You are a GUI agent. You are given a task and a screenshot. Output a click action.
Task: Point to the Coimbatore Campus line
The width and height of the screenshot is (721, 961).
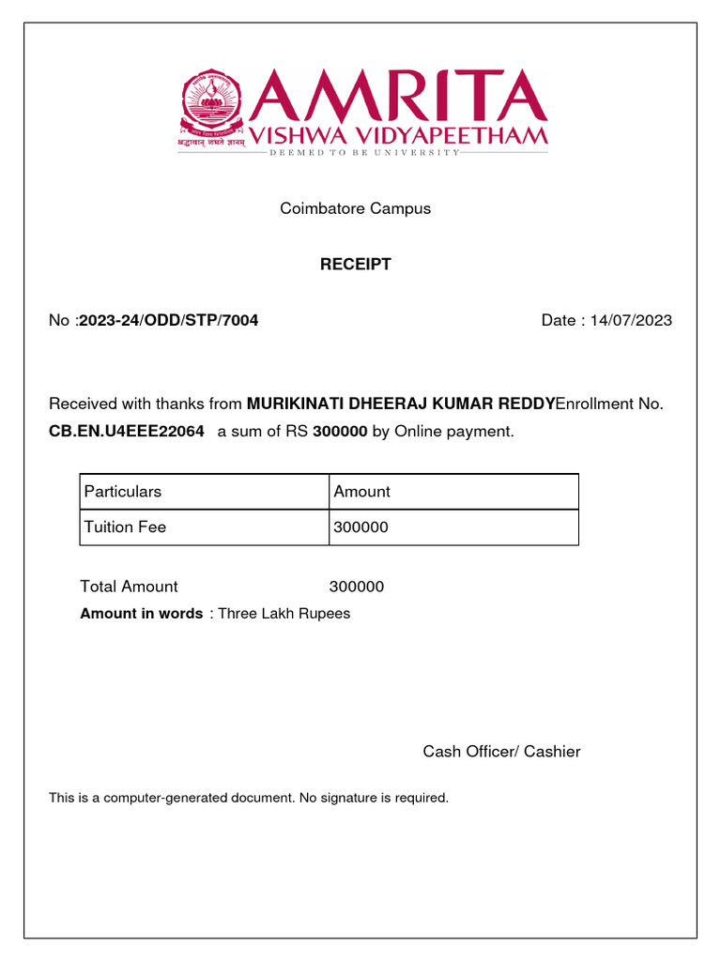(x=355, y=208)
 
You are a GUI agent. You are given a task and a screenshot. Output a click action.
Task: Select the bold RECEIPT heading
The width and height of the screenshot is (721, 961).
(x=355, y=265)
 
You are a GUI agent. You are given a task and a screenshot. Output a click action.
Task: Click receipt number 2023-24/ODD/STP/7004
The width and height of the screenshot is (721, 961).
(x=169, y=321)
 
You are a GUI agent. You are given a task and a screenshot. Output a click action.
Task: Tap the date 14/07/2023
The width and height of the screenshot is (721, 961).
(x=632, y=321)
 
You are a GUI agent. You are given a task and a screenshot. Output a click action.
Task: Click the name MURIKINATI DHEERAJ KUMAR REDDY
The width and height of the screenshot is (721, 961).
(x=400, y=404)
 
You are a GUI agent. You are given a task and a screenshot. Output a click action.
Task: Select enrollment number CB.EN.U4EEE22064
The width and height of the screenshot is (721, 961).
(x=126, y=432)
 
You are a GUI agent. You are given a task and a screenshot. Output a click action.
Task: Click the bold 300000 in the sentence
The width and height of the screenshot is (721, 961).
(x=340, y=432)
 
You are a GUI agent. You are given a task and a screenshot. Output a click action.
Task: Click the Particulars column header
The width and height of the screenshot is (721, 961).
(x=123, y=492)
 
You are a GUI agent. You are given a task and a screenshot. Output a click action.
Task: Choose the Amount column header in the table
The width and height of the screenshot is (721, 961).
(x=361, y=492)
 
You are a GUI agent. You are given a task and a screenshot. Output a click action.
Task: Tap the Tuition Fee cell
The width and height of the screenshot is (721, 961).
(x=125, y=527)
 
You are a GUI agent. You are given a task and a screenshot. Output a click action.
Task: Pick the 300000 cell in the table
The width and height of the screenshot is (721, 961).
(x=360, y=527)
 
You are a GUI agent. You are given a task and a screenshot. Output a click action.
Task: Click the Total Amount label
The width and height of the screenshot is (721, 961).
(x=129, y=587)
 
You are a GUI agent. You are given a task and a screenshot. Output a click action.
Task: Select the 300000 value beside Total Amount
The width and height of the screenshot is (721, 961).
(x=357, y=587)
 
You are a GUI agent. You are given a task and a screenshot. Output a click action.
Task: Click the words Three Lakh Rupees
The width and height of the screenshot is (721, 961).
(x=284, y=614)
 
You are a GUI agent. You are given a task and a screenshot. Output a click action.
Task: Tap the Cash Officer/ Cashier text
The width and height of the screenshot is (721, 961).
(x=501, y=752)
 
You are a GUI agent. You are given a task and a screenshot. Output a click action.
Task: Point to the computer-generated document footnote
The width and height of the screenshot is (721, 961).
(x=249, y=799)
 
